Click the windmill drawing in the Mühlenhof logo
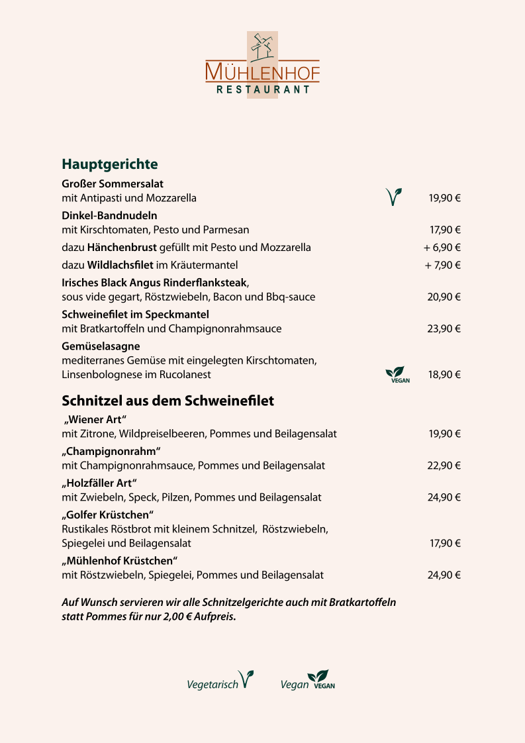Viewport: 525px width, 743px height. point(263,48)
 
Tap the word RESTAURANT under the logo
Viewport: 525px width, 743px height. point(263,89)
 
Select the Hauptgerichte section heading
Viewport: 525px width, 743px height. point(110,164)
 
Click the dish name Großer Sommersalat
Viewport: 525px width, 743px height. point(113,183)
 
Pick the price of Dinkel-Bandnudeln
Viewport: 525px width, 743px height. point(445,230)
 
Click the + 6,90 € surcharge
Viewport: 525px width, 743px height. point(442,248)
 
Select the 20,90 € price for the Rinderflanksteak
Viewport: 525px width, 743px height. point(444,297)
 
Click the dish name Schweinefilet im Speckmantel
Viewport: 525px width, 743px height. point(135,314)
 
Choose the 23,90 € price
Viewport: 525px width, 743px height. point(444,328)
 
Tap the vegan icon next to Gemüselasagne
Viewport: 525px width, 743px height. point(397,375)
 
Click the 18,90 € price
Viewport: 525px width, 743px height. point(444,375)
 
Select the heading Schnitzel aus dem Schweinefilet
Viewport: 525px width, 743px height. point(167,401)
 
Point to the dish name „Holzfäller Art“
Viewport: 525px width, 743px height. point(99,483)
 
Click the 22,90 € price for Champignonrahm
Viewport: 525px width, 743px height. point(444,466)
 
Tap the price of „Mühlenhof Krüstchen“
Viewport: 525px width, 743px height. point(444,575)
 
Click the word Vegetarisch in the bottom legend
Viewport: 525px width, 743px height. point(213,685)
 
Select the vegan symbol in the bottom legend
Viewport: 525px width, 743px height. point(323,679)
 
